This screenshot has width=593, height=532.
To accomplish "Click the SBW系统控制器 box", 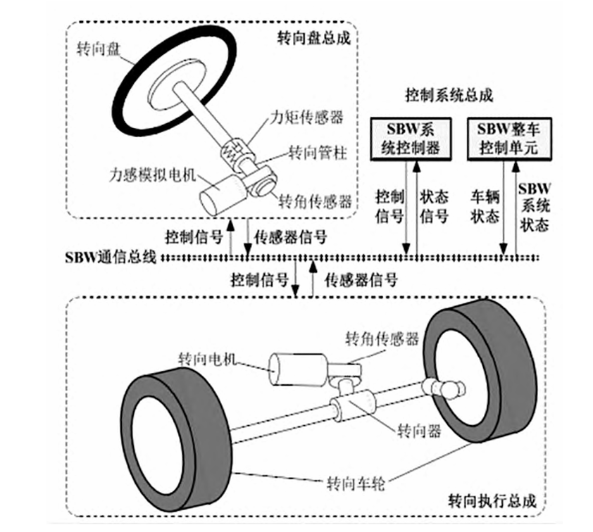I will [x=409, y=138].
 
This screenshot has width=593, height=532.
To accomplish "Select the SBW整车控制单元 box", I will [x=509, y=138].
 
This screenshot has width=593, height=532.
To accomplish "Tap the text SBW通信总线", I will [x=107, y=258].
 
